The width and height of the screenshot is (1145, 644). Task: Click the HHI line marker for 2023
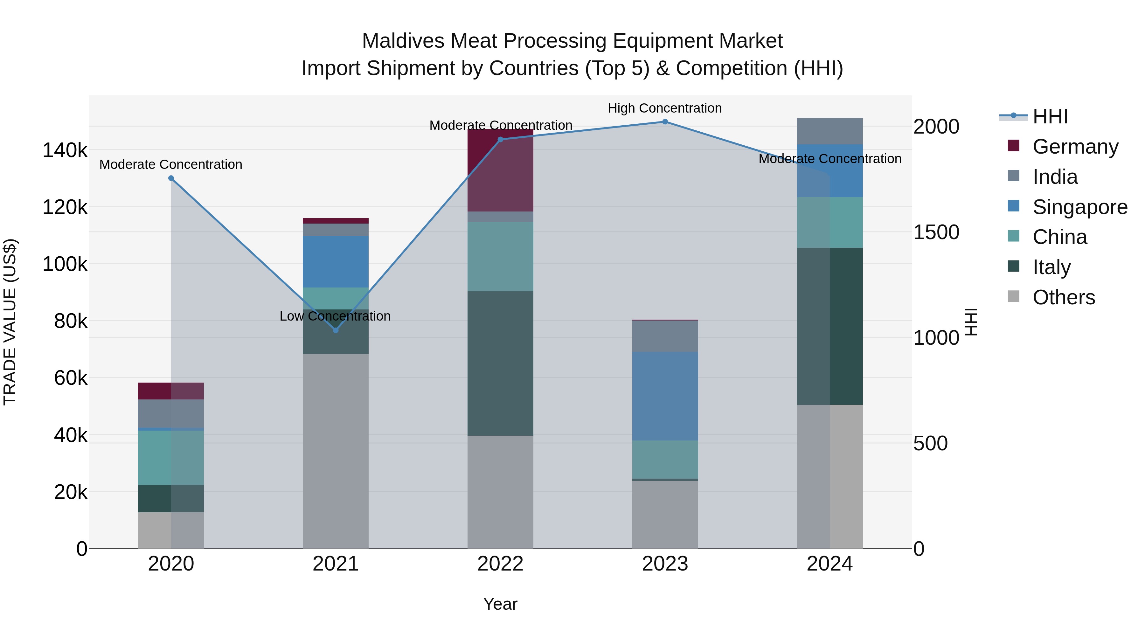coord(665,122)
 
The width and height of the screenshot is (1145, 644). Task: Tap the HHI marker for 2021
coord(336,330)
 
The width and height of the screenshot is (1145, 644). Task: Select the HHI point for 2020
coord(171,178)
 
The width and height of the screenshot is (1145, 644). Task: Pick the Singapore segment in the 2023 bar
coord(665,396)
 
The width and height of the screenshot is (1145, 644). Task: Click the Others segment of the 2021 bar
coord(336,451)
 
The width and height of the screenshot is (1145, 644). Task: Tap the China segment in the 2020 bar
coord(171,457)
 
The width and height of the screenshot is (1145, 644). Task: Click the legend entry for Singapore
coord(1080,207)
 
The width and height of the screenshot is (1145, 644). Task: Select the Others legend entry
coord(1063,297)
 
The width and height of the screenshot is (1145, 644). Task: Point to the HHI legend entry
coord(1050,116)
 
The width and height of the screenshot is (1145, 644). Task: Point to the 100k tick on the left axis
coord(65,264)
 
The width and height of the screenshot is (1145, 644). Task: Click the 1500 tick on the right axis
coord(936,232)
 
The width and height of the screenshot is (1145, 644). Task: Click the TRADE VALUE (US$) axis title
coord(10,322)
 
